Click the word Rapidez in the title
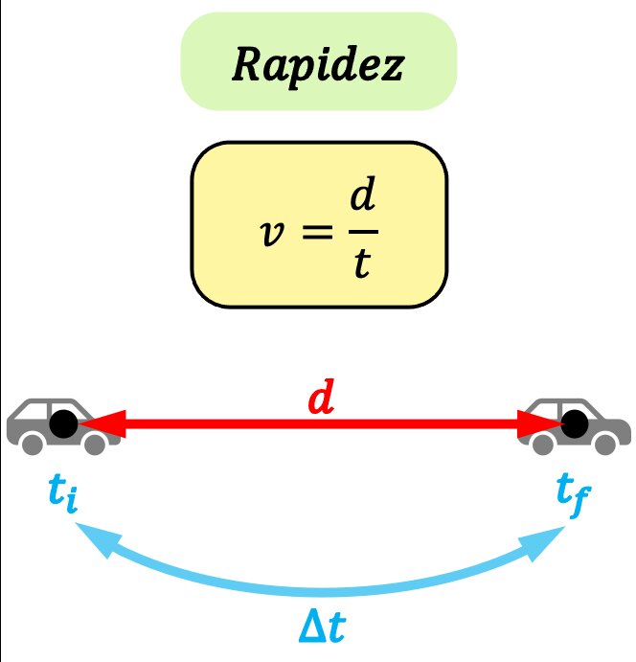coord(318,64)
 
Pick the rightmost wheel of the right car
coord(605,444)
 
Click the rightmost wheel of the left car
coord(94,444)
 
